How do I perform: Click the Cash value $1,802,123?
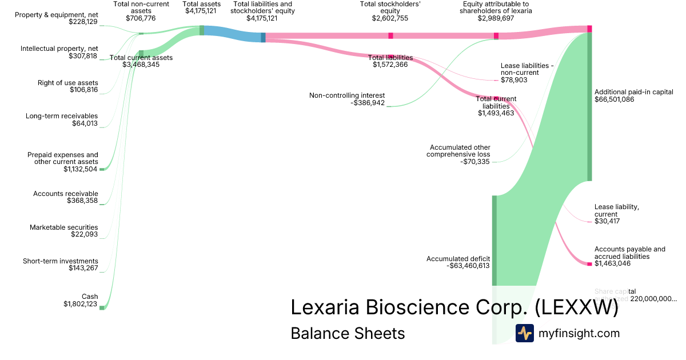(81, 304)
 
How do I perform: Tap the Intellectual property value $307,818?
(83, 56)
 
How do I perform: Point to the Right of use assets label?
(67, 83)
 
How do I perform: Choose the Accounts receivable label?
(65, 194)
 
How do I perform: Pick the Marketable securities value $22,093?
(83, 234)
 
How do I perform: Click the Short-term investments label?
(60, 261)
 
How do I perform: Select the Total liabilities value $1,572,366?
(390, 65)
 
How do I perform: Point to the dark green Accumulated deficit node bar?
(494, 240)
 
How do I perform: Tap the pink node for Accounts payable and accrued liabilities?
(589, 263)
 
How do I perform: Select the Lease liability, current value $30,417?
(607, 221)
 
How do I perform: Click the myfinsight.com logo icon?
(524, 333)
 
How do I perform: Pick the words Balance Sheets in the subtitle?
(348, 333)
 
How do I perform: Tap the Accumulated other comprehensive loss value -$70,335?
(475, 162)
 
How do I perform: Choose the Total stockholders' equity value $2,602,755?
(390, 18)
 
